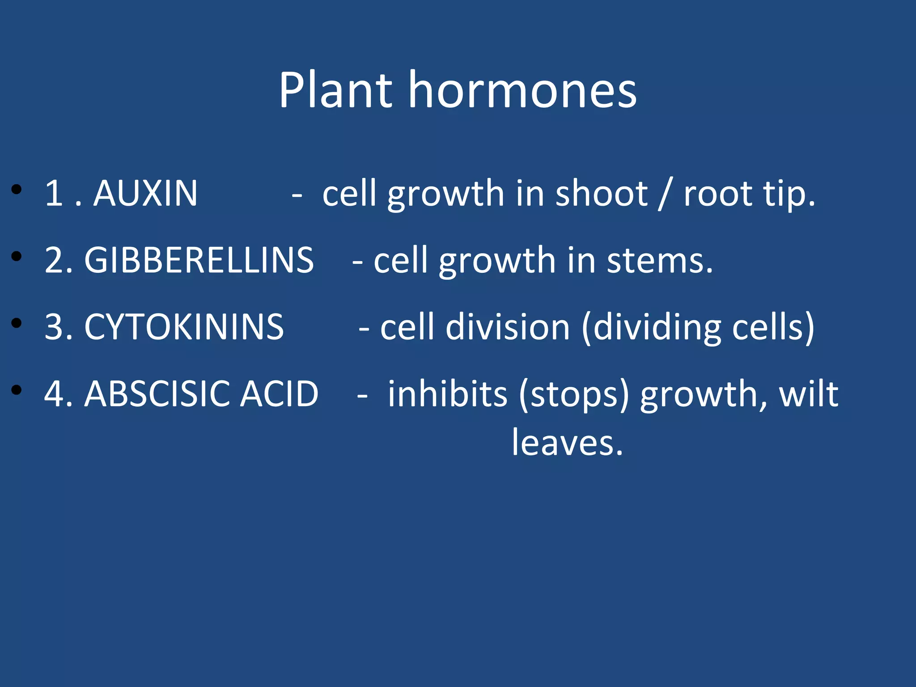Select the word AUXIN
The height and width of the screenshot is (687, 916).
pos(145,193)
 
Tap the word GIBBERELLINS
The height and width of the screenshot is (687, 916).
pos(199,260)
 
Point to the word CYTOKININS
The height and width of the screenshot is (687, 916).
pos(184,327)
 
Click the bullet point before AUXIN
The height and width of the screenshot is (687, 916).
pos(17,190)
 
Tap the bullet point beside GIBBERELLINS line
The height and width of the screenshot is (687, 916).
pos(17,257)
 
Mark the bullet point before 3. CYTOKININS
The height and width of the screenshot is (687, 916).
pos(17,323)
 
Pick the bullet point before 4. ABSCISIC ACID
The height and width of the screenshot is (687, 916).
pos(17,390)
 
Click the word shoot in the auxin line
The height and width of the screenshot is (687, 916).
pos(601,193)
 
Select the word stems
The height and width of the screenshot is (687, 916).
pos(659,261)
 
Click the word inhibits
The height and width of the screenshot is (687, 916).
pos(447,394)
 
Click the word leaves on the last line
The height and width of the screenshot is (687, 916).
pos(567,443)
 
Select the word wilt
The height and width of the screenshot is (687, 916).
pos(809,394)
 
